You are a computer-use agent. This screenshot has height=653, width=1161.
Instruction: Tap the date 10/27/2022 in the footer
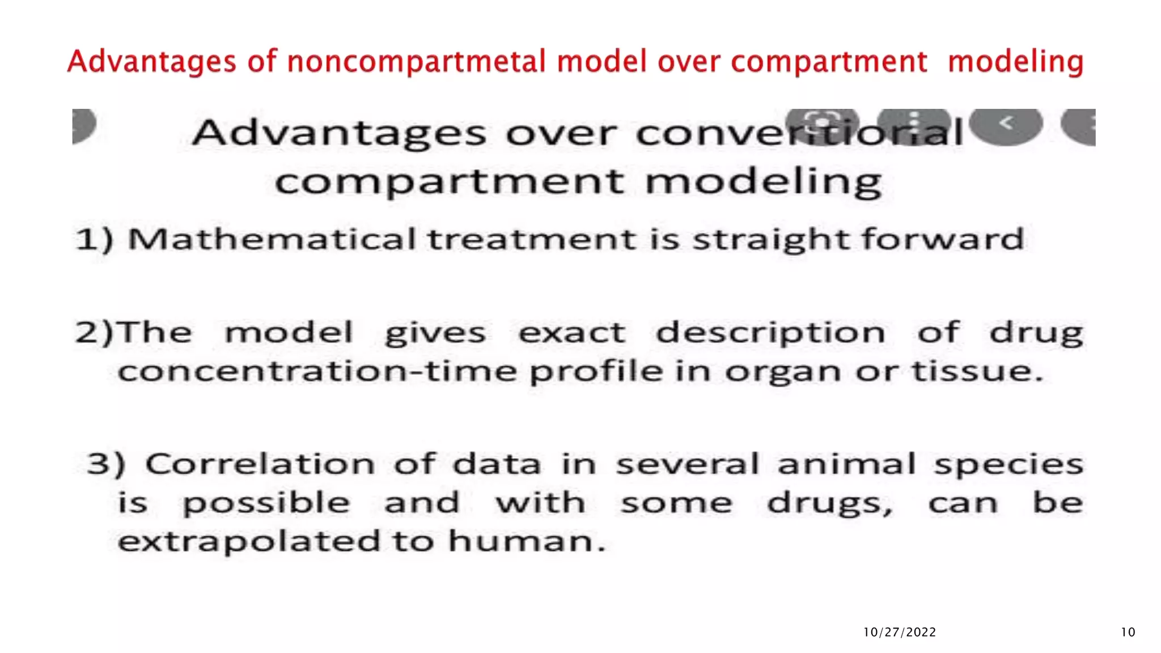(x=899, y=632)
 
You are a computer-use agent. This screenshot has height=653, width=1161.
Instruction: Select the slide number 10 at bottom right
(x=1128, y=632)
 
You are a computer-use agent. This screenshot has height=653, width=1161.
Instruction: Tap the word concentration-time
(x=317, y=372)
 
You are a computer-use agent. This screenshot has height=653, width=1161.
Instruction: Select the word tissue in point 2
(x=976, y=372)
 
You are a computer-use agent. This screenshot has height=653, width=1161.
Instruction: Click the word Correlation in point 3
(x=260, y=464)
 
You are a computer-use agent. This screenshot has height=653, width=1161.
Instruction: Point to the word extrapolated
(x=249, y=542)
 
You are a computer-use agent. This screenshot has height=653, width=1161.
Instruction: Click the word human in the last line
(x=526, y=541)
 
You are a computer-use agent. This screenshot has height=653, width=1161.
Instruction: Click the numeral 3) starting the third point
(x=106, y=464)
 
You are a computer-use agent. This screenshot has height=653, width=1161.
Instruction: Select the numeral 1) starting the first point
(x=95, y=239)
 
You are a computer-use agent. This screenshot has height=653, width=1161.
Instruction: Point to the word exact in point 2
(x=572, y=333)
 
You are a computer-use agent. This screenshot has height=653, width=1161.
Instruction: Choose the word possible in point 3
(x=266, y=504)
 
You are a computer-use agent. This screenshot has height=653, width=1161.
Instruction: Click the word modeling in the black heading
(x=763, y=183)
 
